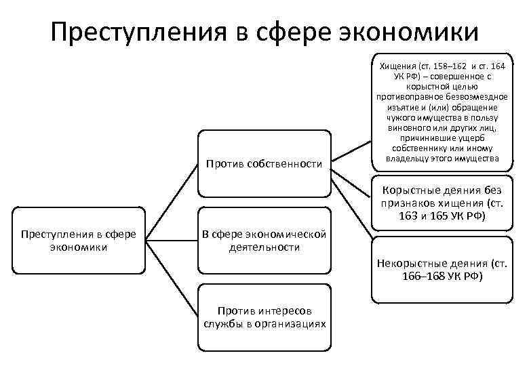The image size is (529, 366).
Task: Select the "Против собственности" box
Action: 264,163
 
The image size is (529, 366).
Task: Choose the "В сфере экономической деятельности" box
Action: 264,241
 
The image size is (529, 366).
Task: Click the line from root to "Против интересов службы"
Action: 170,279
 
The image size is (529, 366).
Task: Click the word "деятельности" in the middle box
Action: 264,247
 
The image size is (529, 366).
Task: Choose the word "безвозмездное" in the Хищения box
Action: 471,98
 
